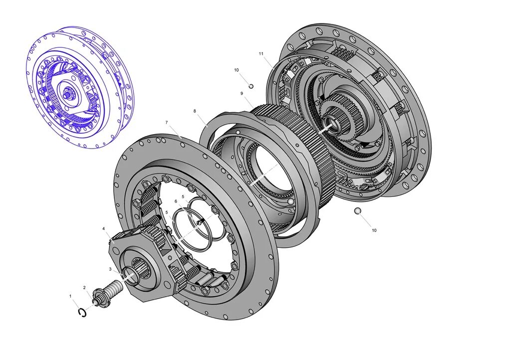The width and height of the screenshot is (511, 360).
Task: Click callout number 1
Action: click(70, 296)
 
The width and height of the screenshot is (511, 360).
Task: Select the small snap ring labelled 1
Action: click(82, 312)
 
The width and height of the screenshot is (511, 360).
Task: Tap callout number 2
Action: click(84, 288)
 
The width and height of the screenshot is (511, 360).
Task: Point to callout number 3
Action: click(110, 269)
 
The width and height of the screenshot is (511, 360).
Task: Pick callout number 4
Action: click(104, 229)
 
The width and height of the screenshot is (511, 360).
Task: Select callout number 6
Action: click(176, 201)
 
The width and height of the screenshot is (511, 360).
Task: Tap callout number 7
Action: click(167, 122)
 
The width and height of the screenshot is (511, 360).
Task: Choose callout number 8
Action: click(195, 111)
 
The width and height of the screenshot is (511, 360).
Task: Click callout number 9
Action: click(241, 93)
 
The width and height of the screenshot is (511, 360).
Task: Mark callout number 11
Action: click(260, 53)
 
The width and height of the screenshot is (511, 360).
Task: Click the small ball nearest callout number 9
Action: click(251, 86)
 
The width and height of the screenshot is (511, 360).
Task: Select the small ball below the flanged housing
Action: click(357, 211)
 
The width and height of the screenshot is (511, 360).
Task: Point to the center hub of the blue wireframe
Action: click(67, 92)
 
